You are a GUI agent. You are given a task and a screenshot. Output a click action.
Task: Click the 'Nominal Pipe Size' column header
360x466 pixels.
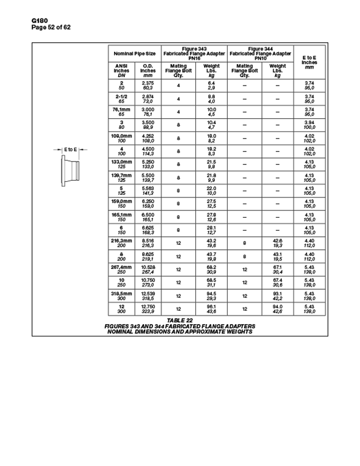coord(134,53)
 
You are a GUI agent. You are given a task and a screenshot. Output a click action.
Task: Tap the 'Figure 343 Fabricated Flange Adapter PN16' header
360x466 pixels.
coord(194,53)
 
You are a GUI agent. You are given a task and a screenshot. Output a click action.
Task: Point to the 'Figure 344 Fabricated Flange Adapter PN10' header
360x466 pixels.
coord(260,53)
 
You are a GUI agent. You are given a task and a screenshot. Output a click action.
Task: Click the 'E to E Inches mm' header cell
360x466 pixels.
coord(309,62)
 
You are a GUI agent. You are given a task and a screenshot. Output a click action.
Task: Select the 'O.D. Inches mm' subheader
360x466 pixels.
coord(148,70)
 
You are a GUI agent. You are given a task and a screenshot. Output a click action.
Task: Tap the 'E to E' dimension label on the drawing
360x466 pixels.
coord(70,150)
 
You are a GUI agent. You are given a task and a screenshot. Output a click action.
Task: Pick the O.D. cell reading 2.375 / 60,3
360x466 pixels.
coord(148,86)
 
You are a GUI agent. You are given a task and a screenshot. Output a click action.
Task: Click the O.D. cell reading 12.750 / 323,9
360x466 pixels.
coord(148,308)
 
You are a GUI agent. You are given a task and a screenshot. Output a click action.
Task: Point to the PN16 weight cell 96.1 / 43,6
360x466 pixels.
coord(211,308)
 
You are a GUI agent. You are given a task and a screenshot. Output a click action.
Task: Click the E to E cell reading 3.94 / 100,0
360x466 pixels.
coord(309,125)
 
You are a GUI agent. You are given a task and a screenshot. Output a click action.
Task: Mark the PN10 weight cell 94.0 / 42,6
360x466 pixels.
coord(277,308)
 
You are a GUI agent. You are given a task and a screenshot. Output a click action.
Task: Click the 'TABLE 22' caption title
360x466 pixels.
coord(180,320)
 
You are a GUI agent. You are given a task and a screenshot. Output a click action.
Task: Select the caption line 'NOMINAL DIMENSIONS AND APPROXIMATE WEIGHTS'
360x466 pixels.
coord(180,331)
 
